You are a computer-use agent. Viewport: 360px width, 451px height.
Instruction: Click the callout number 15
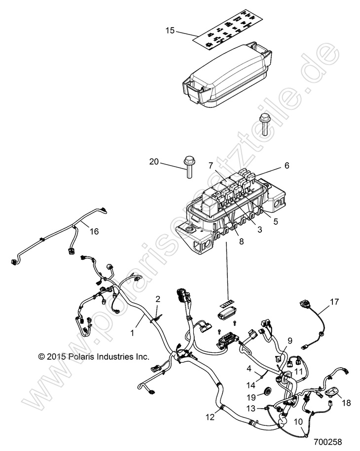pos(170,31)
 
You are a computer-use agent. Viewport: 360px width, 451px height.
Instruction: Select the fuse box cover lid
pos(226,73)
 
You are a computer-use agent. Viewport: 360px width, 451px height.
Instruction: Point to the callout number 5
pos(276,222)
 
